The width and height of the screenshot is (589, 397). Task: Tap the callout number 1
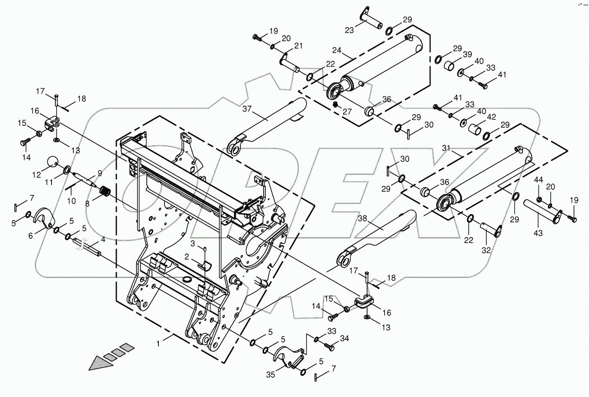coord(158,344)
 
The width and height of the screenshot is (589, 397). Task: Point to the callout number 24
coord(337,50)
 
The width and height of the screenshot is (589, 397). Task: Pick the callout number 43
coord(537,233)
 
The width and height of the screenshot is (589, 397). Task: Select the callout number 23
coord(349,30)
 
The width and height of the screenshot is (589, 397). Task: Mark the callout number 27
coord(346,111)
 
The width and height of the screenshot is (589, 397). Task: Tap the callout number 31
coord(447,148)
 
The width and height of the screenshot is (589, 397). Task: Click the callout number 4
coord(103,239)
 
